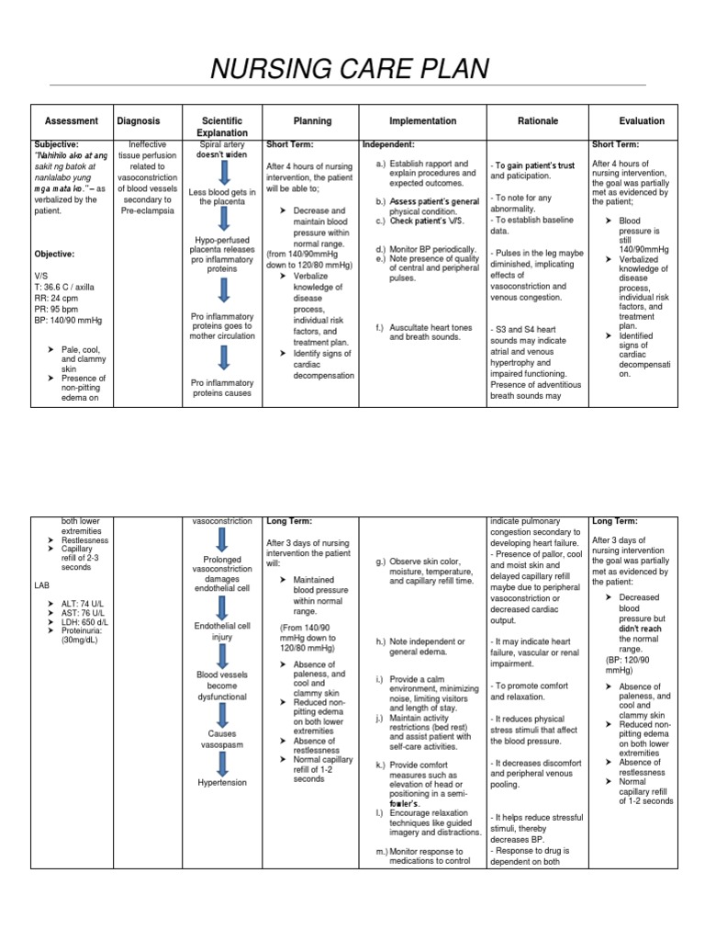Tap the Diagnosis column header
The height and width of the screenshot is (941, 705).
click(x=139, y=121)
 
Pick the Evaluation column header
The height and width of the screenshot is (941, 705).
click(x=642, y=121)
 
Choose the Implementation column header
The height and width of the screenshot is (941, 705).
click(x=422, y=121)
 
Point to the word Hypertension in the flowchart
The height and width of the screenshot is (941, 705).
click(x=222, y=782)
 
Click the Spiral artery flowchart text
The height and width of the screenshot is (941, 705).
click(x=222, y=145)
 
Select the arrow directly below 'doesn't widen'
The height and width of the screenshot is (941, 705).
click(x=223, y=172)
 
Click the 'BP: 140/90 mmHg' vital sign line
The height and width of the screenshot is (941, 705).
click(x=69, y=320)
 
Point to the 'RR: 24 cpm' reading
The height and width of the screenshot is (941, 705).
click(x=55, y=298)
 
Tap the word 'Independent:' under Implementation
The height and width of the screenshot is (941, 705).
click(x=389, y=144)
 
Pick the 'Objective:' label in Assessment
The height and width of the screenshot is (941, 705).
click(x=54, y=254)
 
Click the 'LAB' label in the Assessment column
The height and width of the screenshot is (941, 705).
click(x=42, y=584)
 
